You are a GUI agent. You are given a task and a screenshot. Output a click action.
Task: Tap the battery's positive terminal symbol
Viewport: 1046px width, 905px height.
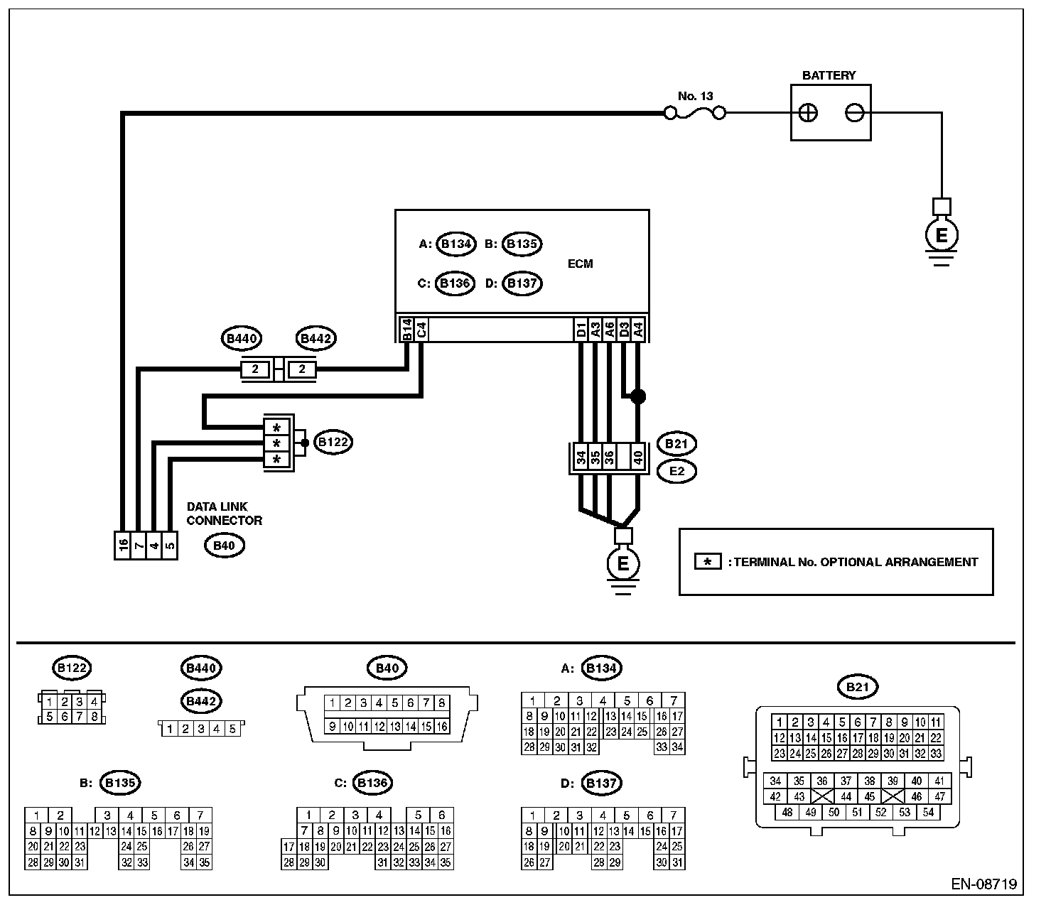tap(808, 113)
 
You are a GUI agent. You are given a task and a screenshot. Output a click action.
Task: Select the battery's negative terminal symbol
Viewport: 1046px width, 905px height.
tap(855, 113)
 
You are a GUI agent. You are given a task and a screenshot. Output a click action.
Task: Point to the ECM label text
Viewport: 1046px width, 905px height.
tap(580, 264)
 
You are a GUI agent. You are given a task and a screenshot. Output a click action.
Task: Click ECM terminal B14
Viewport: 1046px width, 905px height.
tap(406, 330)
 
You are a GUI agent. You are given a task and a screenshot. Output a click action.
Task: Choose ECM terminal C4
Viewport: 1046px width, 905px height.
tap(421, 330)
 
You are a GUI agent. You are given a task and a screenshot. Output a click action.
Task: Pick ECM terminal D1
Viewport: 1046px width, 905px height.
tap(581, 330)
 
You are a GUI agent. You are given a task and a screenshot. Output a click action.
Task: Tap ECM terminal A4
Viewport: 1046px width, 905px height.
tap(639, 330)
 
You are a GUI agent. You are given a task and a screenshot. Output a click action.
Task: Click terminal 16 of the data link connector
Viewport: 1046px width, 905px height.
tap(123, 546)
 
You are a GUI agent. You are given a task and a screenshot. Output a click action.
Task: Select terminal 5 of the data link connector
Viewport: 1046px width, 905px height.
tap(170, 546)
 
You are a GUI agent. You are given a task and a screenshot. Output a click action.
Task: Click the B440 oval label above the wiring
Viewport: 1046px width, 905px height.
tap(242, 338)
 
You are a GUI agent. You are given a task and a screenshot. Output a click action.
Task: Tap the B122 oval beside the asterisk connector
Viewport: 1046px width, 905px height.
tap(333, 442)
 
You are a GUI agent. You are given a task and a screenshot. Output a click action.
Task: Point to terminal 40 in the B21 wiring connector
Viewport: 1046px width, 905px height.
tap(638, 457)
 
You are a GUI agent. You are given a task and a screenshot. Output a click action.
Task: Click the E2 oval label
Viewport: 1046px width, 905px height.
tap(676, 472)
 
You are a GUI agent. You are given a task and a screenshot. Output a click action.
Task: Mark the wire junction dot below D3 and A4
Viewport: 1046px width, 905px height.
tap(638, 396)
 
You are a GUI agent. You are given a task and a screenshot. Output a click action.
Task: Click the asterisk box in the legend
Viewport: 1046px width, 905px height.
tap(708, 562)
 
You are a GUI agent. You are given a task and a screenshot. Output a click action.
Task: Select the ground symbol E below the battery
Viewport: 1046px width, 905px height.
tap(942, 235)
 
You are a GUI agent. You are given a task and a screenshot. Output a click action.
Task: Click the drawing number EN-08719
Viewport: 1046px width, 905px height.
tap(983, 884)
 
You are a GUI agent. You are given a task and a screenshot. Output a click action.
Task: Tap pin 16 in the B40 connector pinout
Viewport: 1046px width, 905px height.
tap(442, 727)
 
